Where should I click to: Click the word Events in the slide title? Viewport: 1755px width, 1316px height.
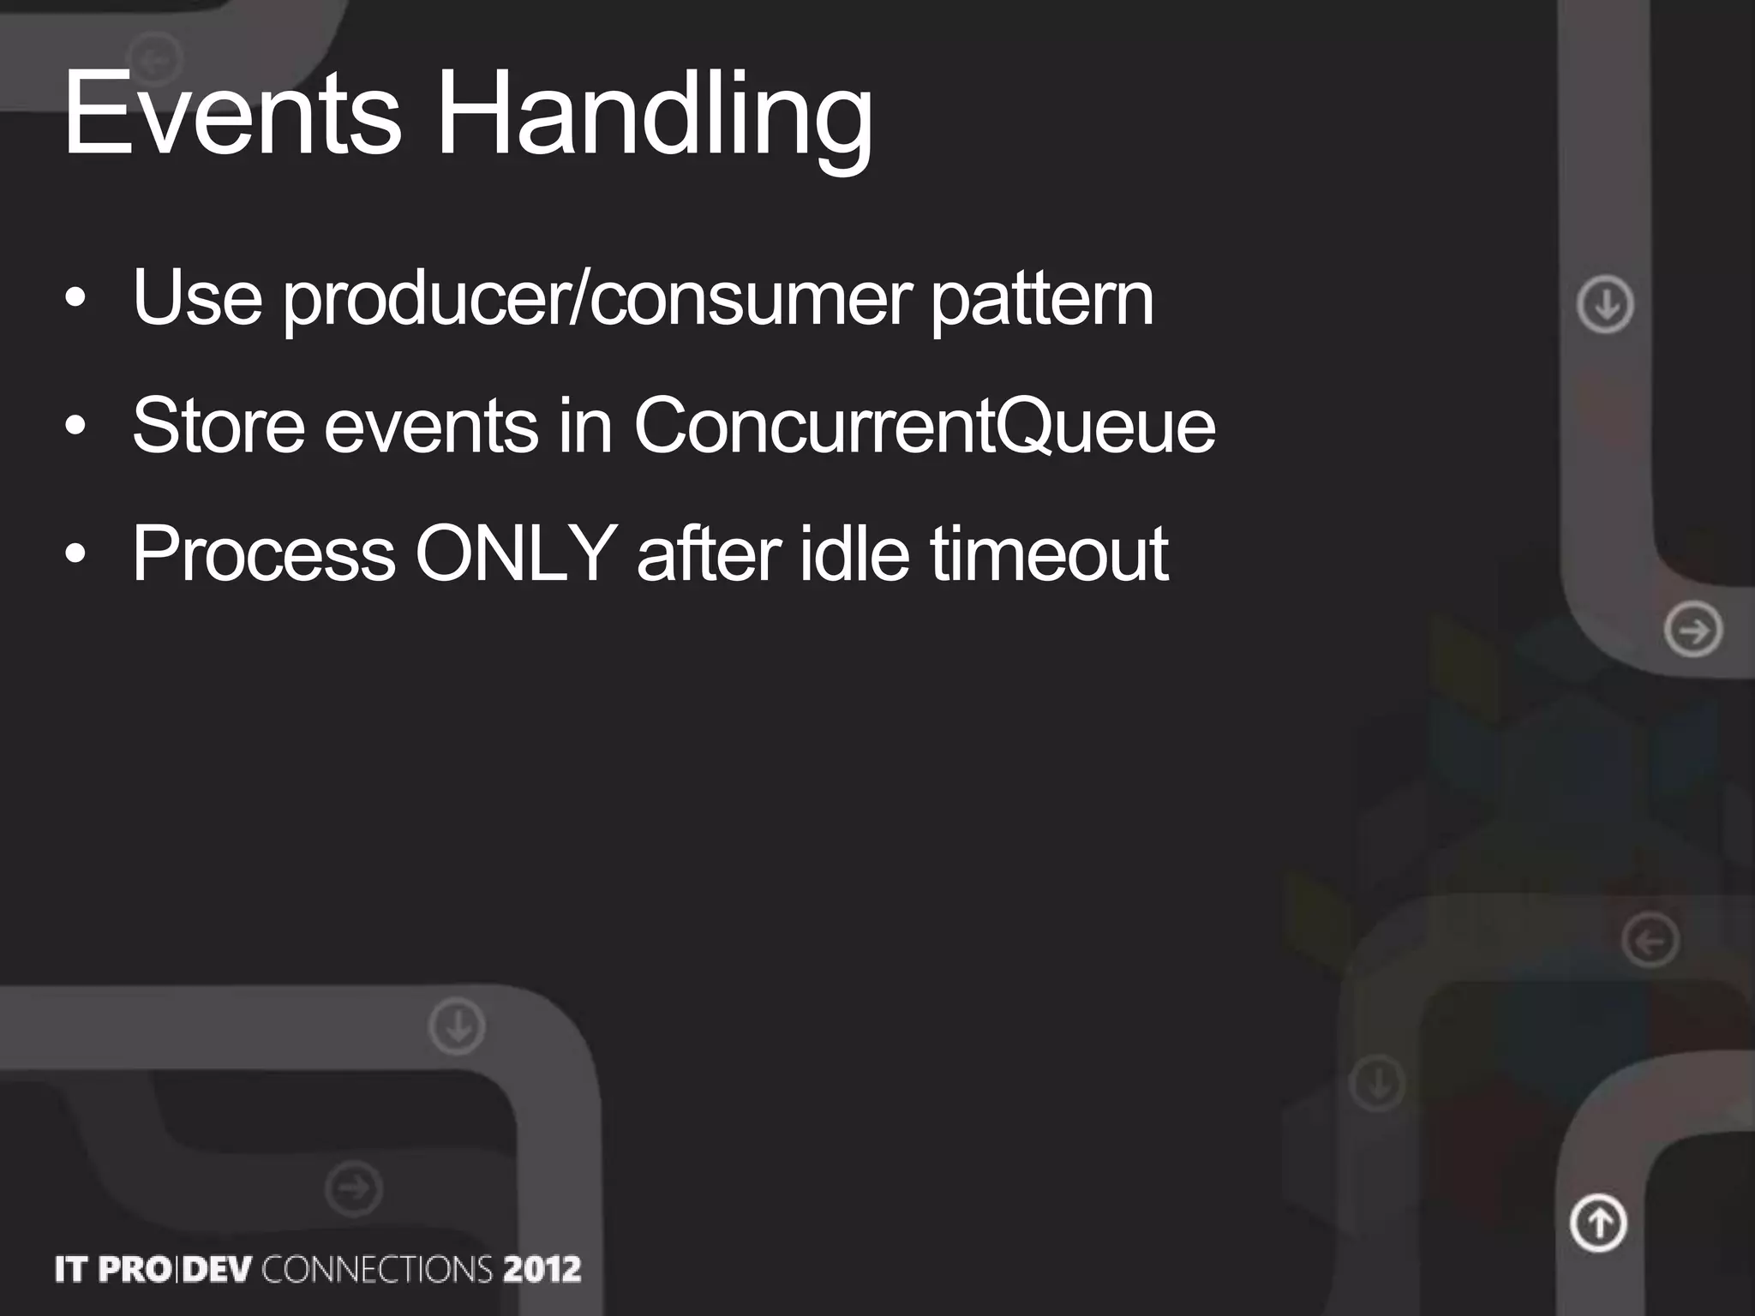(x=232, y=115)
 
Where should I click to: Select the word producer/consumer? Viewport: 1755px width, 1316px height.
(x=597, y=300)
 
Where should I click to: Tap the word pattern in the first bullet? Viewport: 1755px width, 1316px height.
(x=1042, y=300)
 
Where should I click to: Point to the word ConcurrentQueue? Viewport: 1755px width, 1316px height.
(x=924, y=426)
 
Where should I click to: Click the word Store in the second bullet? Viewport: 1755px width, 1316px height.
(x=219, y=426)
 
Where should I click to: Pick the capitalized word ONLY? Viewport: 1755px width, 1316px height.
(x=516, y=553)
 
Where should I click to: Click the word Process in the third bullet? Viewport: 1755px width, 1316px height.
(x=264, y=553)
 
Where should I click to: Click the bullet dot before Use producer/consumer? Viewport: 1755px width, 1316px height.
(x=75, y=300)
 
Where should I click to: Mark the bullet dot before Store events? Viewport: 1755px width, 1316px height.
(x=75, y=426)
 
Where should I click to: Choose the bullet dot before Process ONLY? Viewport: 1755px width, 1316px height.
(x=75, y=553)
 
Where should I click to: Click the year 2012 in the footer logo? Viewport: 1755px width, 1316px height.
(x=542, y=1269)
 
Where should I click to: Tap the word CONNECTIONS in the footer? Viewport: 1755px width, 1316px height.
(x=377, y=1269)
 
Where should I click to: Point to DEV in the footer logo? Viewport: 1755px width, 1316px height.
(x=218, y=1269)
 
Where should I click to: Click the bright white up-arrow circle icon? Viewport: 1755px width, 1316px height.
(x=1598, y=1223)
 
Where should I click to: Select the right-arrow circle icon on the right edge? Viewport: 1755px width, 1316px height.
(x=1693, y=631)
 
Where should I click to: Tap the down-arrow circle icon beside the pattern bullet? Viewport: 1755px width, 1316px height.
(x=1605, y=303)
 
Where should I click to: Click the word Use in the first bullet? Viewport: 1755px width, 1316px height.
(x=197, y=300)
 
